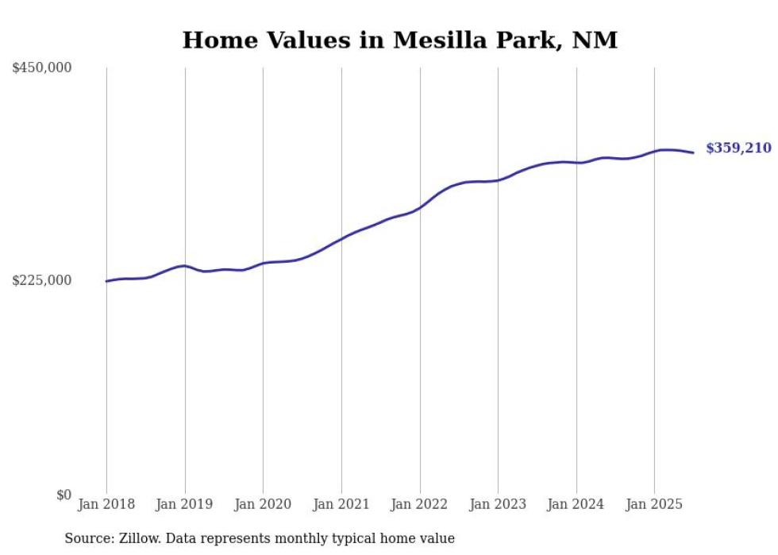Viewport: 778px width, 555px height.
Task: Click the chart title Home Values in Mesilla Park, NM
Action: pos(399,40)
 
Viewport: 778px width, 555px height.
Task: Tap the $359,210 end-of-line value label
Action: pos(738,148)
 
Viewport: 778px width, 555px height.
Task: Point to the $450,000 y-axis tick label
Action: pos(42,68)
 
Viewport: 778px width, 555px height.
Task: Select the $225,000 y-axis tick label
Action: pos(42,281)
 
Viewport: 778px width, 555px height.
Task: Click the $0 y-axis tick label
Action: pos(64,495)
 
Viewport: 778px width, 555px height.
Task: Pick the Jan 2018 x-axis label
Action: pos(106,504)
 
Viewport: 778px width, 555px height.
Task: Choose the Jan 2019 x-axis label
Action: pos(185,504)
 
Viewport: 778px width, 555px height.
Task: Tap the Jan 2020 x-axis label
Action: pos(263,504)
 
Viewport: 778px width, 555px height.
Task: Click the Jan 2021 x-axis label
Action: pos(341,504)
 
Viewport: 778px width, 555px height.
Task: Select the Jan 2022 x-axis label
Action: pos(420,504)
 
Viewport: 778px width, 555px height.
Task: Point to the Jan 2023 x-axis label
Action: pos(498,504)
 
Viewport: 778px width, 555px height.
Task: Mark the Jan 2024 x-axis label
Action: pos(576,504)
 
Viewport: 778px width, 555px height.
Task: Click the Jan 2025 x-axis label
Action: pos(654,504)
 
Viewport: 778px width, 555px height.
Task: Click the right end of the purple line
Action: pos(693,152)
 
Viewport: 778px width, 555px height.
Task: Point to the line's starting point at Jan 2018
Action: pos(106,281)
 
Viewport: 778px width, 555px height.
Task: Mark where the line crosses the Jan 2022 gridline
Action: pos(420,206)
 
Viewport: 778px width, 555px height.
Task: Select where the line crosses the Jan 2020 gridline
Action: pos(263,263)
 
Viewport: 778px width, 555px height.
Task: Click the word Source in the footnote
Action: pos(87,538)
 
